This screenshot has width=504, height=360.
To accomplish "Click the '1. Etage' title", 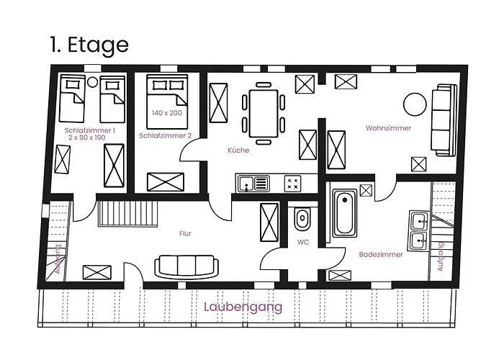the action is (x=89, y=45).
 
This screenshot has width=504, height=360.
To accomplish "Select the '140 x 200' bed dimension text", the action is (x=167, y=113).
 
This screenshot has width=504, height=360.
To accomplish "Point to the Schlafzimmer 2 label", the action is (x=165, y=135).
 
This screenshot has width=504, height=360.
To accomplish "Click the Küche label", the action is (x=238, y=150).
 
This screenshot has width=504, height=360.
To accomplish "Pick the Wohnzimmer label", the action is (x=388, y=128).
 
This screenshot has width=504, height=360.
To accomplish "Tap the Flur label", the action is (x=185, y=234).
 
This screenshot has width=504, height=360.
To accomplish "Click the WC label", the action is (x=303, y=242).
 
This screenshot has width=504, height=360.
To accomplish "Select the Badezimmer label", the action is (x=381, y=255).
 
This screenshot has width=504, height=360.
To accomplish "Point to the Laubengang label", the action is (x=243, y=307).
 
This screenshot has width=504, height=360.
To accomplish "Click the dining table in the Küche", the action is (x=264, y=114).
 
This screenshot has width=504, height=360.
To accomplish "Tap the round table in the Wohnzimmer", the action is (x=415, y=104).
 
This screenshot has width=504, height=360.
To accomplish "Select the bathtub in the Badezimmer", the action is (x=345, y=213).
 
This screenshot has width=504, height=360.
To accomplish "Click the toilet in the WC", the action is (x=302, y=219).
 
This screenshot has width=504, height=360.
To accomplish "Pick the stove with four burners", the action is (x=292, y=184).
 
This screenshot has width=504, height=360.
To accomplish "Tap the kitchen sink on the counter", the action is (x=253, y=184).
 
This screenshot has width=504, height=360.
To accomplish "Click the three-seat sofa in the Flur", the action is (x=186, y=266).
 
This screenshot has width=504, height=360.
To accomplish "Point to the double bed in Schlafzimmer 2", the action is (x=167, y=102).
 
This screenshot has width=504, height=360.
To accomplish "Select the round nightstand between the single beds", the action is (x=93, y=82).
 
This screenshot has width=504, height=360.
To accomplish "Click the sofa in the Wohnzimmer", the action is (x=444, y=120).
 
